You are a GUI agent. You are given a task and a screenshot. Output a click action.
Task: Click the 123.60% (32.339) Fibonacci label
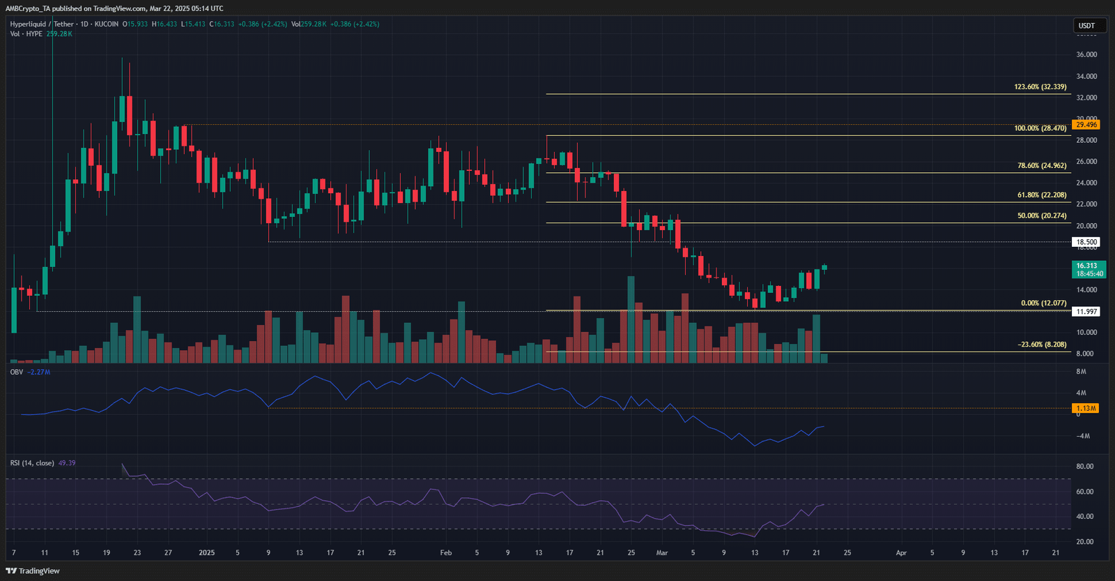(1040, 87)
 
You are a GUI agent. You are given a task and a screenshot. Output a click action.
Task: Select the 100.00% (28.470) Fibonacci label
(1040, 128)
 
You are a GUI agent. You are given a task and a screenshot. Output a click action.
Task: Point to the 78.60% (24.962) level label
(1041, 166)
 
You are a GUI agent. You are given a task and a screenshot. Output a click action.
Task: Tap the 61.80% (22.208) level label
(1041, 195)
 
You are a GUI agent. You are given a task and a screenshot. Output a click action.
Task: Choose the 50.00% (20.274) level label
(1041, 216)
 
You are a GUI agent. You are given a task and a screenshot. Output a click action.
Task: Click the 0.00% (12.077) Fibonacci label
(1043, 303)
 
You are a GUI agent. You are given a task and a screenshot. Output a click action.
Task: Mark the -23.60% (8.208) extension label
(1042, 345)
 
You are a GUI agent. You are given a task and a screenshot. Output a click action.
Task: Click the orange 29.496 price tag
(1086, 125)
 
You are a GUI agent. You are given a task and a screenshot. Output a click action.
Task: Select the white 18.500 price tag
(1086, 242)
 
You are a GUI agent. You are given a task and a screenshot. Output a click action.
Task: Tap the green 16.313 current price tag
(1089, 269)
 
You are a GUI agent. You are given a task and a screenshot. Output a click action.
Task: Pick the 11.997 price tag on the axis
(1086, 312)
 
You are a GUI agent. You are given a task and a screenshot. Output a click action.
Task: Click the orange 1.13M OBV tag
(1086, 408)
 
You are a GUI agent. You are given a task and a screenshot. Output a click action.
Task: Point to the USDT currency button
(1086, 26)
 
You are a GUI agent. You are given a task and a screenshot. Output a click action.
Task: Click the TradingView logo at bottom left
(33, 571)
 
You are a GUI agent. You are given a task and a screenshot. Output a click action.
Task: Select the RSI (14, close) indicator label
(32, 463)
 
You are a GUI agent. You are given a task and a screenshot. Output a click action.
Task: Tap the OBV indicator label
(17, 372)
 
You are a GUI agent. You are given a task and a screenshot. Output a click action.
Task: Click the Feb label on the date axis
(446, 553)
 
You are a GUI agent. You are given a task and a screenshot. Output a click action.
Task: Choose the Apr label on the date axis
(901, 553)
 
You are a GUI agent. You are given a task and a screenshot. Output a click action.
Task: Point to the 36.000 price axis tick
(1086, 54)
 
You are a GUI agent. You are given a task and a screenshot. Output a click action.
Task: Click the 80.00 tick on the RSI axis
(1084, 467)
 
